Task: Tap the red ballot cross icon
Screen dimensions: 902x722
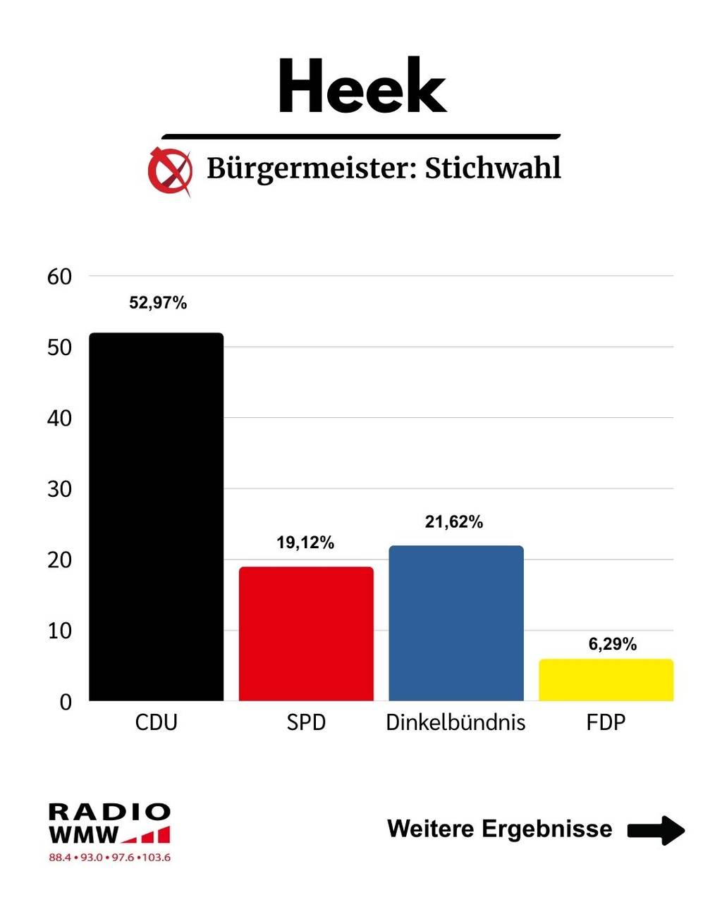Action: [170, 171]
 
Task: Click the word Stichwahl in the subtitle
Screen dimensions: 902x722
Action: [493, 168]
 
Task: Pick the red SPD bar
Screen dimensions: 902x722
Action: [306, 634]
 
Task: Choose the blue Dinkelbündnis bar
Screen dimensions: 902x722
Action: [456, 623]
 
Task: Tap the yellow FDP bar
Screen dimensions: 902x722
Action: [606, 680]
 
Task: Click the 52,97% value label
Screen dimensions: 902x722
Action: [158, 303]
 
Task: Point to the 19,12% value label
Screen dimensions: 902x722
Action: [305, 543]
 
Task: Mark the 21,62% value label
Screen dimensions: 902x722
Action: [454, 522]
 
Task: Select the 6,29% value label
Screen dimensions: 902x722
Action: [613, 644]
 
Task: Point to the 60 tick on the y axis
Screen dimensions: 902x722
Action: [60, 277]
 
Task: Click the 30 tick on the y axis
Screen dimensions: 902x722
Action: [60, 489]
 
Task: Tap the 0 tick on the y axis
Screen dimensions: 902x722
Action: [66, 702]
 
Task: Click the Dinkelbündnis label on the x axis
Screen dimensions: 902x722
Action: [455, 722]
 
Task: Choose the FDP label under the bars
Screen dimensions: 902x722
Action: [606, 722]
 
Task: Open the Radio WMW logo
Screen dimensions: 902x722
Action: [109, 824]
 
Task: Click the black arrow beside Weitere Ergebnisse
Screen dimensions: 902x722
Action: [656, 829]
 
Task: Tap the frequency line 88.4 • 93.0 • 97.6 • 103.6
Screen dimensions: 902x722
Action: [109, 858]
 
